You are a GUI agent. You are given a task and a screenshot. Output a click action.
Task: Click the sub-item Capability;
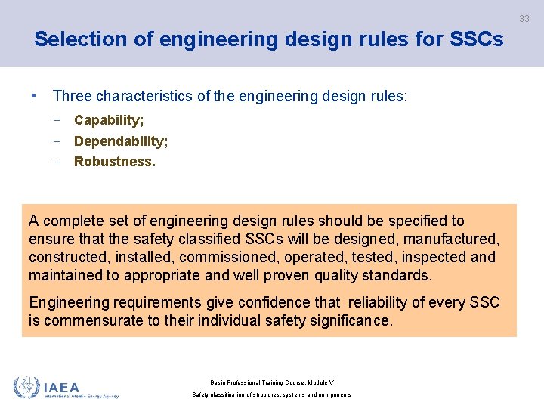point(109,120)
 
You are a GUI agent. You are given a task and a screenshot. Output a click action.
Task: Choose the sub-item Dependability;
point(121,141)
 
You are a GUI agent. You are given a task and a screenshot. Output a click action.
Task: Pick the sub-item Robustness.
point(114,162)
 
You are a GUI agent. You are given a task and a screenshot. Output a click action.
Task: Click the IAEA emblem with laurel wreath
point(26,387)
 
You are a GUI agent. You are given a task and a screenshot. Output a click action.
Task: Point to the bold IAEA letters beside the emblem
point(61,387)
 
